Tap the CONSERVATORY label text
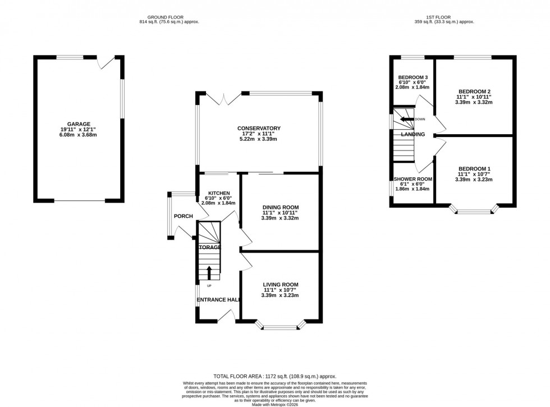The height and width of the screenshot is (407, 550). pyautogui.click(x=259, y=129)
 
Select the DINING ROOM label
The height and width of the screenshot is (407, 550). pyautogui.click(x=280, y=207)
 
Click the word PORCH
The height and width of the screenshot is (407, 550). pyautogui.click(x=183, y=217)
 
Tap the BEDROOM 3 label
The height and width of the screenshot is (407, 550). pyautogui.click(x=413, y=77)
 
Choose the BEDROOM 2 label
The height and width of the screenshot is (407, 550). pyautogui.click(x=474, y=92)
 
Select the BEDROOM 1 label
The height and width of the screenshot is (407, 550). pyautogui.click(x=474, y=169)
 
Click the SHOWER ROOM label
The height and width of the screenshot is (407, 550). pyautogui.click(x=412, y=179)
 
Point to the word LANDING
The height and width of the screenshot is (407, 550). pyautogui.click(x=412, y=135)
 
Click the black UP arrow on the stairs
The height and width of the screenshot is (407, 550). pyautogui.click(x=209, y=273)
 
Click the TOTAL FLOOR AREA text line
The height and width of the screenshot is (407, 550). pyautogui.click(x=274, y=377)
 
